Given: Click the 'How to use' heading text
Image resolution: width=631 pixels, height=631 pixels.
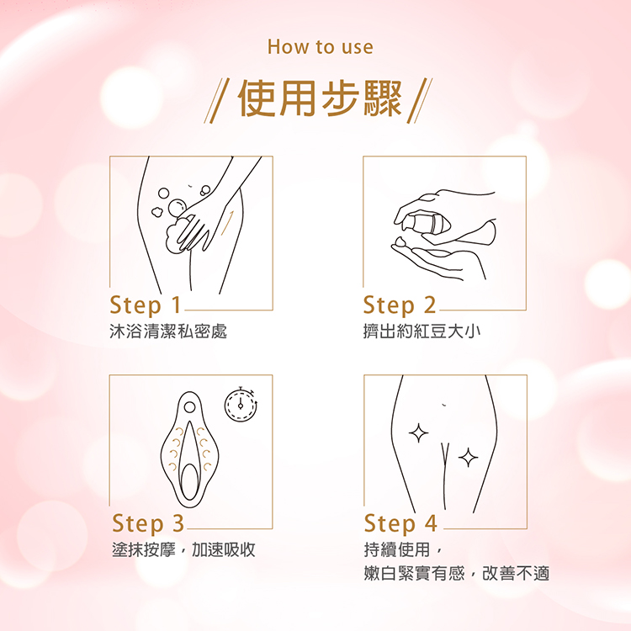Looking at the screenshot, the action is pos(321,46).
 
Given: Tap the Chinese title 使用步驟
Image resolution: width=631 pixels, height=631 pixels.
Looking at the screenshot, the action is pos(320,98).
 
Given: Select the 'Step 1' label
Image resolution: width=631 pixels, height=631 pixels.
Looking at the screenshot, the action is pos(146,305).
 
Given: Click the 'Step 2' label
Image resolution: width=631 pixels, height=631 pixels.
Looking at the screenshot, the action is pos(399,305).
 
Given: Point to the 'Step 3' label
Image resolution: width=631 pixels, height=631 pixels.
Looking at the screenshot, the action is pos(148,523).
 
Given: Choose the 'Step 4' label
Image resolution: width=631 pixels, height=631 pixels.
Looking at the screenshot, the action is pos(400,523).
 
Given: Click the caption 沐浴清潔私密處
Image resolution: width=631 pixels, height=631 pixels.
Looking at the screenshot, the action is pos(168,331).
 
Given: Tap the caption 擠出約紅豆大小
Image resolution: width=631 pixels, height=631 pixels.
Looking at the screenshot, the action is pos(422,331).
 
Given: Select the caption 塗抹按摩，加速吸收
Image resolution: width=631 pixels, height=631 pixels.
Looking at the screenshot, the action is pos(183,549).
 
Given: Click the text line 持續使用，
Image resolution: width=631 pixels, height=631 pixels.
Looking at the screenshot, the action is pos(403,549).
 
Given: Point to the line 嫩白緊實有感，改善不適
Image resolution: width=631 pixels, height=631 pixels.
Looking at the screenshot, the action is pos(456,574).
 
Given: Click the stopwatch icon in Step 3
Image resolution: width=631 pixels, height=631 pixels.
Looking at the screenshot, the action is pos(241,404).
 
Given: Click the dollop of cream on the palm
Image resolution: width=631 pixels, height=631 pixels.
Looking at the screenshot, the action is pos(401,241).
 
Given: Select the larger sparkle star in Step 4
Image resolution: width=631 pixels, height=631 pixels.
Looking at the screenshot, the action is pos(418,433).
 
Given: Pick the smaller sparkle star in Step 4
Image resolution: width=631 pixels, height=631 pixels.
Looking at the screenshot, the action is pos(468,458).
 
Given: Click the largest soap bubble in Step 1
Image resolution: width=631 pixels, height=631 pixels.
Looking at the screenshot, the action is pos(177,207).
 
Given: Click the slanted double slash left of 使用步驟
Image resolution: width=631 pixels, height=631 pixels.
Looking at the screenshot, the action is pos(216,101).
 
